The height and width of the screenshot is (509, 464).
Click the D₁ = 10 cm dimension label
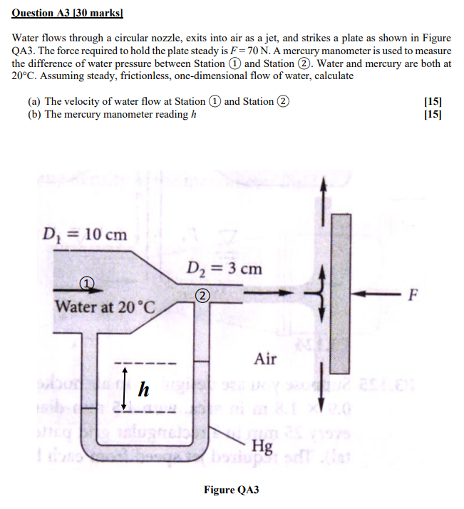84,234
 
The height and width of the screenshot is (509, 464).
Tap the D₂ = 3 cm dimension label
224,269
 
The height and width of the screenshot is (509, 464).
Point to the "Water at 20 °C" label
104,307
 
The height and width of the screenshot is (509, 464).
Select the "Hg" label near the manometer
263,448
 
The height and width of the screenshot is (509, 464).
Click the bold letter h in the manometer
145,389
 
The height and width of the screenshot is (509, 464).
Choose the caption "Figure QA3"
232,490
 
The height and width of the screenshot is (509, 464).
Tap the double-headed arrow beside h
125,389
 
